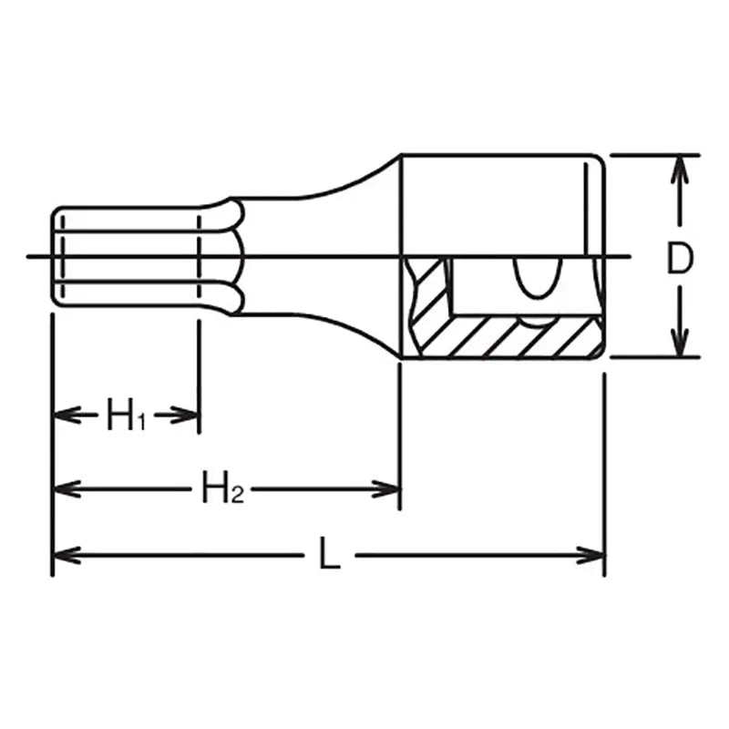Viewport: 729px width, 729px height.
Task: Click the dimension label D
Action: (x=677, y=260)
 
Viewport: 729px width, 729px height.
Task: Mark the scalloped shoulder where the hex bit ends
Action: (x=228, y=258)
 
